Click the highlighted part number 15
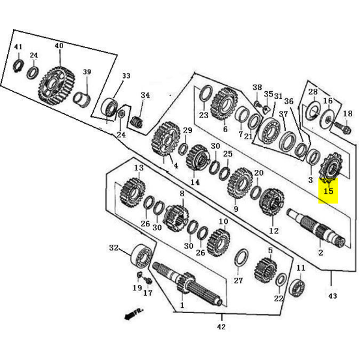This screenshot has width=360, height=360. [328, 191]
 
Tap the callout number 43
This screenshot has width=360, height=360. [333, 295]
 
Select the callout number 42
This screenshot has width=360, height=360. [221, 326]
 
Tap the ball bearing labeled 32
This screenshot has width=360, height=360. [142, 257]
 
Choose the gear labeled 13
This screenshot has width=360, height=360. [132, 193]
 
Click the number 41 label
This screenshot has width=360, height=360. [18, 47]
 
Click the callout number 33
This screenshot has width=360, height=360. [126, 76]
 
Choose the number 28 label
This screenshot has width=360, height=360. [313, 91]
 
